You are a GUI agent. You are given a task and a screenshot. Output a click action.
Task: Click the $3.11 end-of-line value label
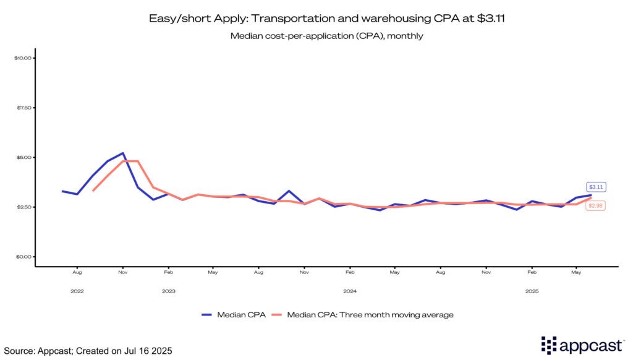pos(596,186)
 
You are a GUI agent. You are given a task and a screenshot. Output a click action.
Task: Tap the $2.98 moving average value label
pos(596,205)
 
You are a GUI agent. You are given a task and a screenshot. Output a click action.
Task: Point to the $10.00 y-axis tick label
pos(22,58)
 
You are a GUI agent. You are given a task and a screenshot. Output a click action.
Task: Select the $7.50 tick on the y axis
pos(23,108)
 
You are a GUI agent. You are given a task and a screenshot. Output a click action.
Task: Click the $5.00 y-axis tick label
pos(23,157)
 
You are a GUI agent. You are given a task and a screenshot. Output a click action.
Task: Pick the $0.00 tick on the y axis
pos(23,257)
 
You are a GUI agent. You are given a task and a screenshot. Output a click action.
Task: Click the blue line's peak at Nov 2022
pos(123,153)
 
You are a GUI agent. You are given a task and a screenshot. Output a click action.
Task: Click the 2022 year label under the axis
pos(77,291)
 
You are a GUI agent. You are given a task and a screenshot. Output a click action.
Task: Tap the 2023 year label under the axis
pos(168,291)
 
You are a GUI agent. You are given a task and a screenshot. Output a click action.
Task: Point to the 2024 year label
pos(350,291)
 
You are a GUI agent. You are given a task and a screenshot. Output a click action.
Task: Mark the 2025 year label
pos(532,291)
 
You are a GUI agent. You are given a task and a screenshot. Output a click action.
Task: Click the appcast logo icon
pos(550,345)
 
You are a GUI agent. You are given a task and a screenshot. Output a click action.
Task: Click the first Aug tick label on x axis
pos(77,272)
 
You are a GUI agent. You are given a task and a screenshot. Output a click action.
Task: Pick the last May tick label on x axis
pos(577,272)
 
